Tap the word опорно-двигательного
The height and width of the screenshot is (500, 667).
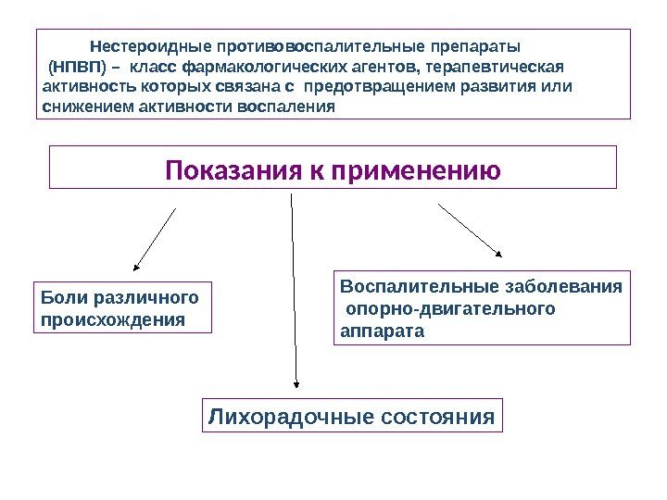pos(450,308)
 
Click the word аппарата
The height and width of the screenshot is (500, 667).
pos(381,330)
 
